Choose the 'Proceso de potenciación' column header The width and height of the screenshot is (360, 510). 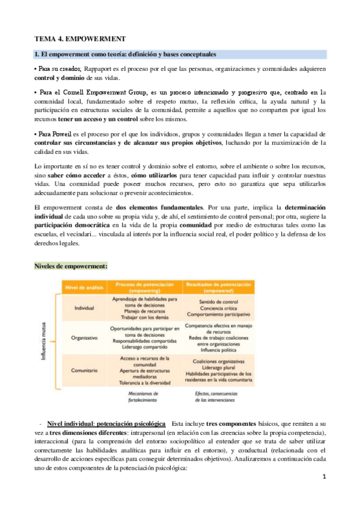click(142, 285)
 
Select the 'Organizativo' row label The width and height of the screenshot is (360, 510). click(84, 337)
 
